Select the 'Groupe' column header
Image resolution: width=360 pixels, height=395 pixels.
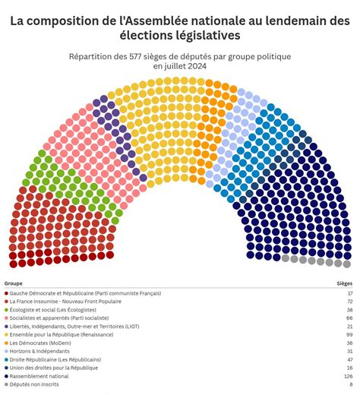[13, 283]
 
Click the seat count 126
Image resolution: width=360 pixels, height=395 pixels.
[347, 375]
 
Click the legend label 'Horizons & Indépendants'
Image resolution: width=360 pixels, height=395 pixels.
[39, 350]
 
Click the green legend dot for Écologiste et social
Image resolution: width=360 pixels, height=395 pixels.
[6, 310]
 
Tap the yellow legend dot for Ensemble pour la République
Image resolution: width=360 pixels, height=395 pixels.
[6, 334]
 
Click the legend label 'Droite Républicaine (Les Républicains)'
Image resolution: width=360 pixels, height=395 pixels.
[54, 359]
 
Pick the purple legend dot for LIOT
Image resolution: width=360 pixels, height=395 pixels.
[6, 326]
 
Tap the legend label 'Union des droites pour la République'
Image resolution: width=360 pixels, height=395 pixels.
[54, 367]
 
